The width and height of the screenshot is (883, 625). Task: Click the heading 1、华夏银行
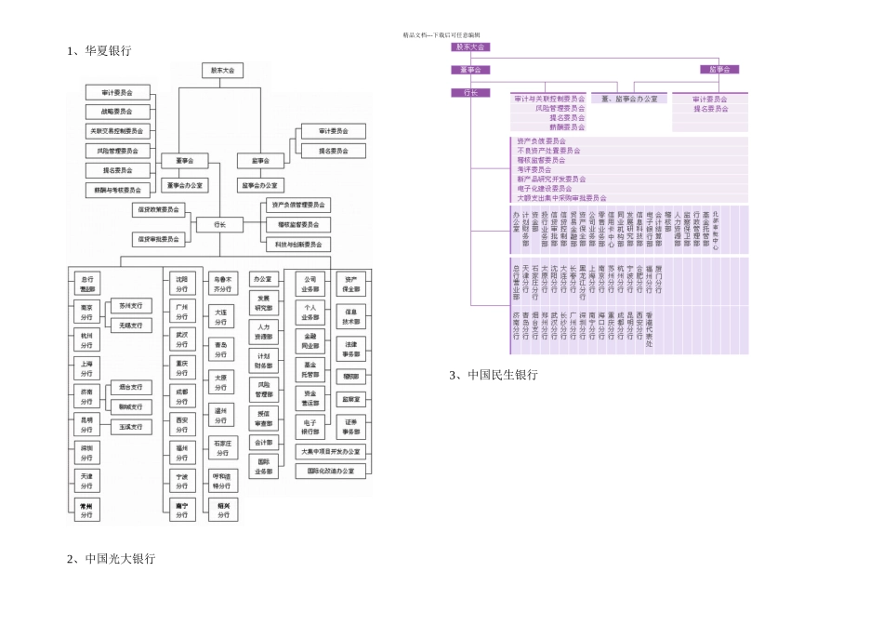pyautogui.click(x=99, y=51)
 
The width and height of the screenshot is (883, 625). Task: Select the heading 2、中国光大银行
pyautogui.click(x=111, y=559)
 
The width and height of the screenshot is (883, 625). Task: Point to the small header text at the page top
pyautogui.click(x=441, y=34)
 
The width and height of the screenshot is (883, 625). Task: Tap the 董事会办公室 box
pyautogui.click(x=184, y=185)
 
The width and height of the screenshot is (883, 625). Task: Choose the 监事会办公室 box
pyautogui.click(x=263, y=185)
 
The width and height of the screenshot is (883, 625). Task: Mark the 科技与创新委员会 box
pyautogui.click(x=297, y=245)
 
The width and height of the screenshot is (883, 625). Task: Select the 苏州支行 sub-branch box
pyautogui.click(x=130, y=305)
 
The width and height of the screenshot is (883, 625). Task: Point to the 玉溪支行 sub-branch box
pyautogui.click(x=130, y=427)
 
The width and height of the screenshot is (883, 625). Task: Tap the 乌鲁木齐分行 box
pyautogui.click(x=222, y=282)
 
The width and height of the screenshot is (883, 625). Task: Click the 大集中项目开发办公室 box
pyautogui.click(x=329, y=452)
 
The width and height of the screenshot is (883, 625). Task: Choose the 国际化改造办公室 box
pyautogui.click(x=329, y=472)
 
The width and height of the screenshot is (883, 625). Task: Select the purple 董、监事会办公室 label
pyautogui.click(x=629, y=99)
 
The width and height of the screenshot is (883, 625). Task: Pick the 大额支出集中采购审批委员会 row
pyautogui.click(x=561, y=198)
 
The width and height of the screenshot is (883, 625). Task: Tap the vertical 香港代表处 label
pyautogui.click(x=649, y=331)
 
